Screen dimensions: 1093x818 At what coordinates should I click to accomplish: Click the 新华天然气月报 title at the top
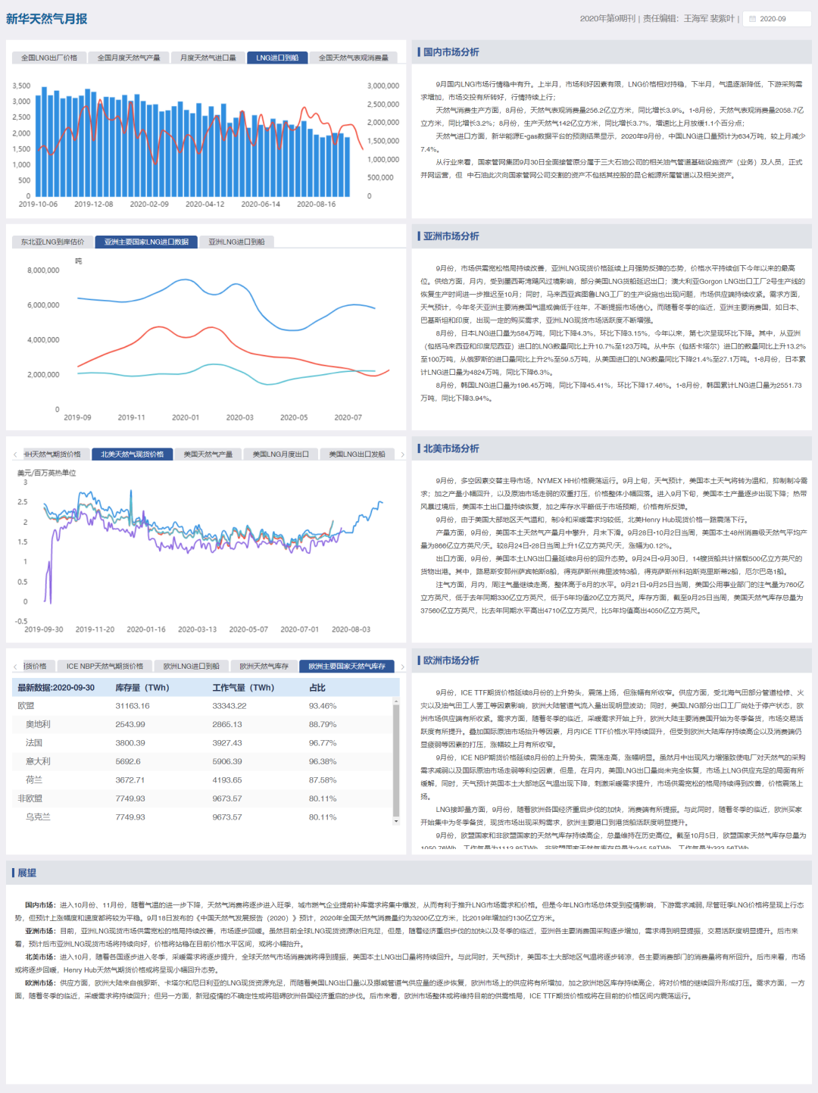tap(47, 19)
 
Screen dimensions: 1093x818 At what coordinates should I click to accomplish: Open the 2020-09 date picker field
tap(777, 19)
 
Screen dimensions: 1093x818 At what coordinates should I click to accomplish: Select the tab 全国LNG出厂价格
tap(49, 58)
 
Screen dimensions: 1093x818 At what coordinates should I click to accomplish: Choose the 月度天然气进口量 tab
tap(208, 58)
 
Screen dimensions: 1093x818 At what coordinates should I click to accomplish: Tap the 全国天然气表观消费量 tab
tap(354, 58)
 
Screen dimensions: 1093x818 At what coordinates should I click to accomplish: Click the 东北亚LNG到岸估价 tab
tap(52, 242)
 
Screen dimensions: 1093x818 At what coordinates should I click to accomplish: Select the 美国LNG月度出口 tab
tap(280, 454)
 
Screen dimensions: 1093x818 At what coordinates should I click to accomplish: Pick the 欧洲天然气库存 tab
tap(264, 667)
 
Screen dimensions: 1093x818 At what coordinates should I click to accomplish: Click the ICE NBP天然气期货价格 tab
tap(105, 667)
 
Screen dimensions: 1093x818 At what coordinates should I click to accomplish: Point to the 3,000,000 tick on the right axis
tap(383, 86)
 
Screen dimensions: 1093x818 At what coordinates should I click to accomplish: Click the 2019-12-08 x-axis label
tap(94, 205)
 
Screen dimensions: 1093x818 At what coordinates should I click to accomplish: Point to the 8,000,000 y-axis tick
tap(43, 270)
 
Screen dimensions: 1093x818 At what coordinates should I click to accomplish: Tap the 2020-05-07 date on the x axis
tap(248, 629)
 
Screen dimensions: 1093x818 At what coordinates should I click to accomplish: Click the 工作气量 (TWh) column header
tap(243, 688)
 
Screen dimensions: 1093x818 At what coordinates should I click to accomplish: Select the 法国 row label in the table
tap(34, 743)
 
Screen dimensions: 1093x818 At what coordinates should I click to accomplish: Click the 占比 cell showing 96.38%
tap(323, 761)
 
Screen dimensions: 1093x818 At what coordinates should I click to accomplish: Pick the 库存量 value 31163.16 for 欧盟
tap(133, 706)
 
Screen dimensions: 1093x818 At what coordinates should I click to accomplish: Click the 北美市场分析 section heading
tap(451, 448)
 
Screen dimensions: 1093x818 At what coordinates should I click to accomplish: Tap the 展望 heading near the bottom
tap(27, 873)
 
